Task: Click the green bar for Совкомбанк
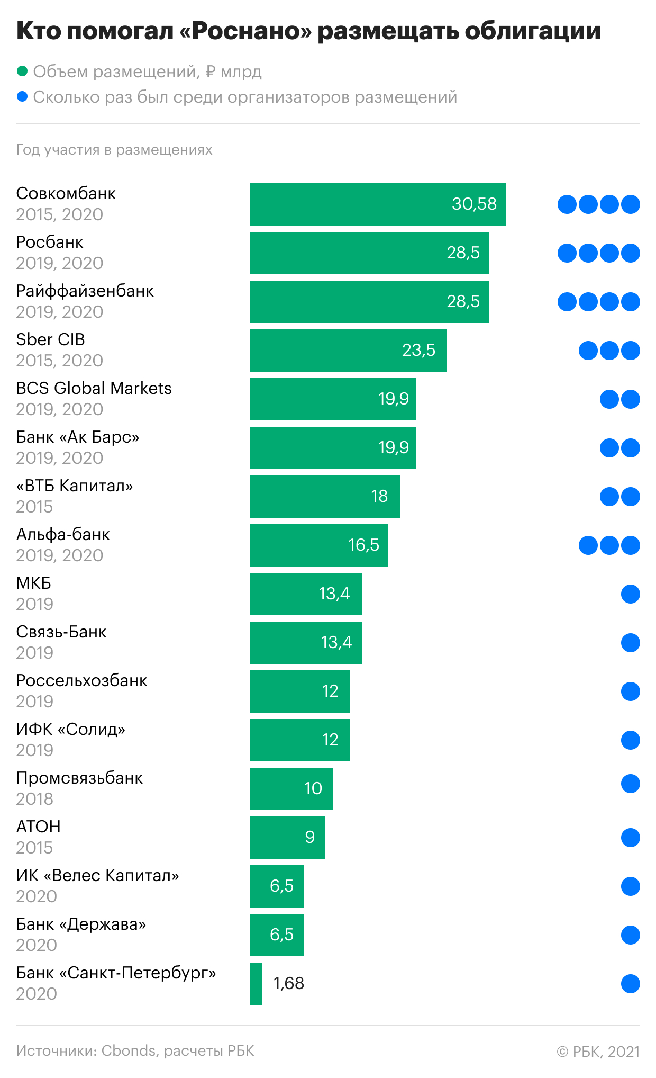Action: coord(378,204)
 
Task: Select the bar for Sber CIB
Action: coord(348,351)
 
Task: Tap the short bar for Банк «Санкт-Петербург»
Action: coord(256,984)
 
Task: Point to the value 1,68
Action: coord(289,983)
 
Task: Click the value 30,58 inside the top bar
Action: coord(474,204)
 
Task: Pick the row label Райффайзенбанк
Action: coord(85,291)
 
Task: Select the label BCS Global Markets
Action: coord(94,388)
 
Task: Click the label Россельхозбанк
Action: coord(81,680)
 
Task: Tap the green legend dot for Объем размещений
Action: coord(22,71)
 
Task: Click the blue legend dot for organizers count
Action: coord(22,96)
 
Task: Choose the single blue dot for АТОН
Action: coord(631,838)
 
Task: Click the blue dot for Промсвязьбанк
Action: coord(631,784)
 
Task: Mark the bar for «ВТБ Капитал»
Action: coord(325,497)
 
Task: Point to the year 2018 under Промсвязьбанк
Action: coord(34,799)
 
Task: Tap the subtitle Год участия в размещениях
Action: coord(114,150)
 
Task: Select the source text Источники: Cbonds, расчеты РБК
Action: coord(135,1051)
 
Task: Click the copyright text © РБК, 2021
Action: coord(598,1052)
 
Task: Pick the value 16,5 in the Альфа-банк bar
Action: coord(363,545)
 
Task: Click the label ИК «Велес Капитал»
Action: coord(97,875)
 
